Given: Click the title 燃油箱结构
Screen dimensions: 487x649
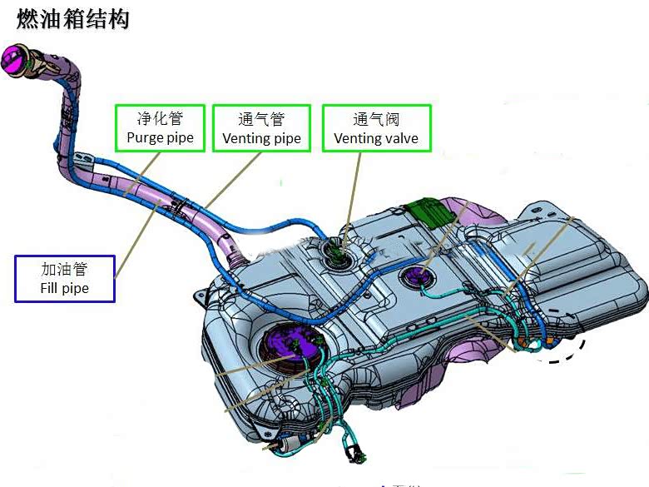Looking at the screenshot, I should coord(73,19).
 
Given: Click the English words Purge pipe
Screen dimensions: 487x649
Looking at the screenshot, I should coord(161,137).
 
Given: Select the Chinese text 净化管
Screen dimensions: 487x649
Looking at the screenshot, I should coord(161,118).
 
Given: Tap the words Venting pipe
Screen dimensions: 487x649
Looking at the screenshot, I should coord(261,138).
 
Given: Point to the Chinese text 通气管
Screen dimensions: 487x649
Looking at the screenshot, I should coord(261,119).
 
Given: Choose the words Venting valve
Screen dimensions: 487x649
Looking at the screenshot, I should coord(376,138).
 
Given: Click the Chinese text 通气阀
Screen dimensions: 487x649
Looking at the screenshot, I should coord(376,119).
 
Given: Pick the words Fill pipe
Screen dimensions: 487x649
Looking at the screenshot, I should coord(64,289).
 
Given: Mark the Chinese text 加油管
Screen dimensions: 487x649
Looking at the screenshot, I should coord(64,269).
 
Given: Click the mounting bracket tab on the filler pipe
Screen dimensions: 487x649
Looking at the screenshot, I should coord(81,158).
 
